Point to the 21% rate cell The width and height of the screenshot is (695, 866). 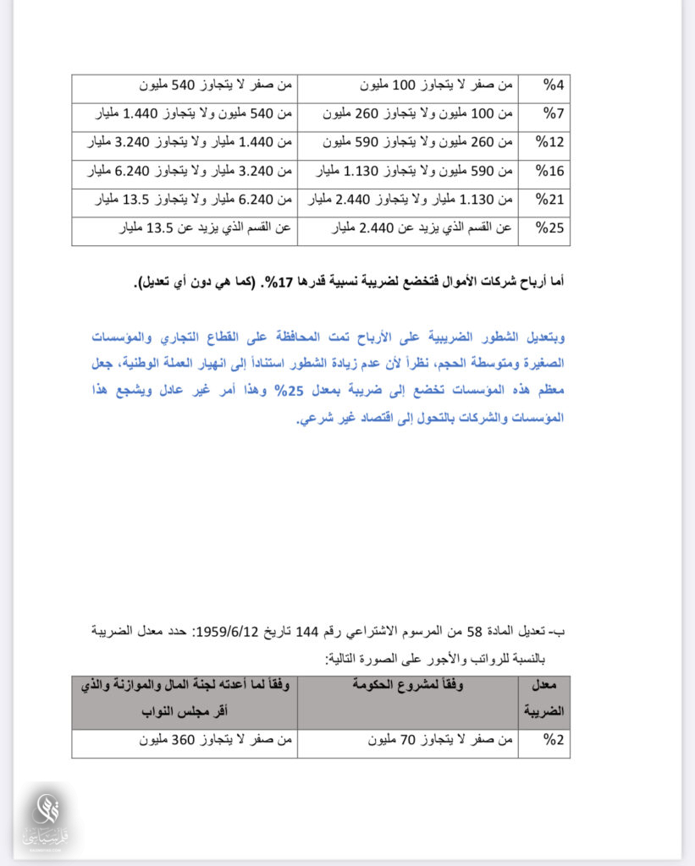554,201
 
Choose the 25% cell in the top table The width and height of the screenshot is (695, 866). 554,229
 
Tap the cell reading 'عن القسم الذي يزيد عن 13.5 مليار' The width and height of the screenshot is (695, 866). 185,229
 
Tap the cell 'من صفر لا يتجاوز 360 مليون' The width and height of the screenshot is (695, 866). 185,742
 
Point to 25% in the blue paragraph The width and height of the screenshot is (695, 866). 292,392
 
